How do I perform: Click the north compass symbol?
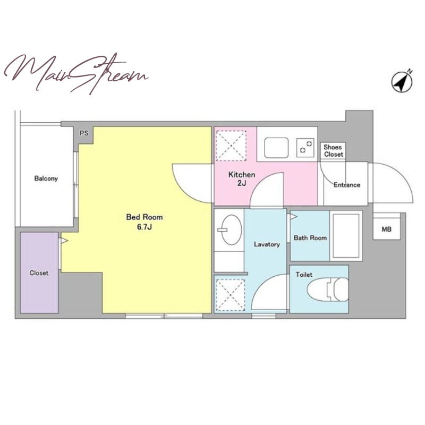click(402, 81)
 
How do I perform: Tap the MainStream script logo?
click(76, 74)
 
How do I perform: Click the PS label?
click(84, 133)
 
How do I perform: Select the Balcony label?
click(46, 178)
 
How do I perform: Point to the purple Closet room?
click(39, 273)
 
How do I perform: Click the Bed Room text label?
click(144, 217)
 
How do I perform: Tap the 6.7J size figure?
click(144, 227)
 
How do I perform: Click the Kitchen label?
click(242, 175)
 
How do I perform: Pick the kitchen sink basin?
click(276, 148)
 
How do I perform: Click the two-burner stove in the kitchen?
click(305, 148)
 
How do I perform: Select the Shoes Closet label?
click(333, 151)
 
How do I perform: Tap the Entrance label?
click(347, 185)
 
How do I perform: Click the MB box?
click(387, 229)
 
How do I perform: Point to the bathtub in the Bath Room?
click(346, 236)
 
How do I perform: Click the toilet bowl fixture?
click(328, 290)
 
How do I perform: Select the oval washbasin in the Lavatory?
click(231, 230)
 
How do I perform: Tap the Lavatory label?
click(267, 244)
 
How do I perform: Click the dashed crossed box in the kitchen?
click(231, 146)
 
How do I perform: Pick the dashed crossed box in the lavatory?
click(230, 295)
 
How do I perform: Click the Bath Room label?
click(310, 237)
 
